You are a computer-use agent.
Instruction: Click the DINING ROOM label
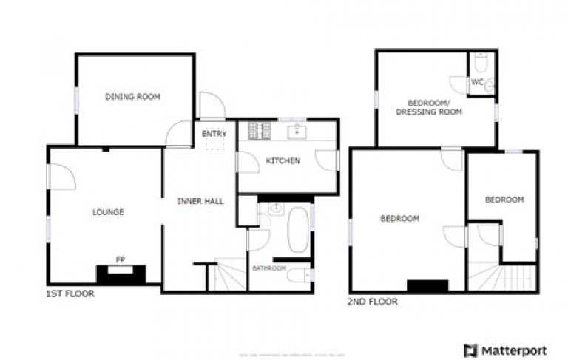pyautogui.click(x=132, y=97)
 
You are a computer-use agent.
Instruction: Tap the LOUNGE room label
pyautogui.click(x=108, y=212)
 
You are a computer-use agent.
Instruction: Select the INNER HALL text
pyautogui.click(x=200, y=201)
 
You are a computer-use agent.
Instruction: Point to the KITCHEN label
pyautogui.click(x=283, y=160)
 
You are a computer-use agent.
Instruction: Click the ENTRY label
pyautogui.click(x=214, y=134)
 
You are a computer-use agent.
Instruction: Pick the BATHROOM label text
pyautogui.click(x=268, y=268)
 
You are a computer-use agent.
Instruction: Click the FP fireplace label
pyautogui.click(x=120, y=259)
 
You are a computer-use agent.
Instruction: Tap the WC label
pyautogui.click(x=477, y=82)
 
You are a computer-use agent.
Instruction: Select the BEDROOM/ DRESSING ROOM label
pyautogui.click(x=429, y=107)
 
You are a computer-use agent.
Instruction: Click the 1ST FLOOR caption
pyautogui.click(x=70, y=293)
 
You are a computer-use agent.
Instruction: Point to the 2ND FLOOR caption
pyautogui.click(x=373, y=302)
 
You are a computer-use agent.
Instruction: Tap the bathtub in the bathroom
pyautogui.click(x=299, y=229)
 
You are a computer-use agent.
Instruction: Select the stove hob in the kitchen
pyautogui.click(x=259, y=132)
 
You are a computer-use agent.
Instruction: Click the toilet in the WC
pyautogui.click(x=481, y=62)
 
